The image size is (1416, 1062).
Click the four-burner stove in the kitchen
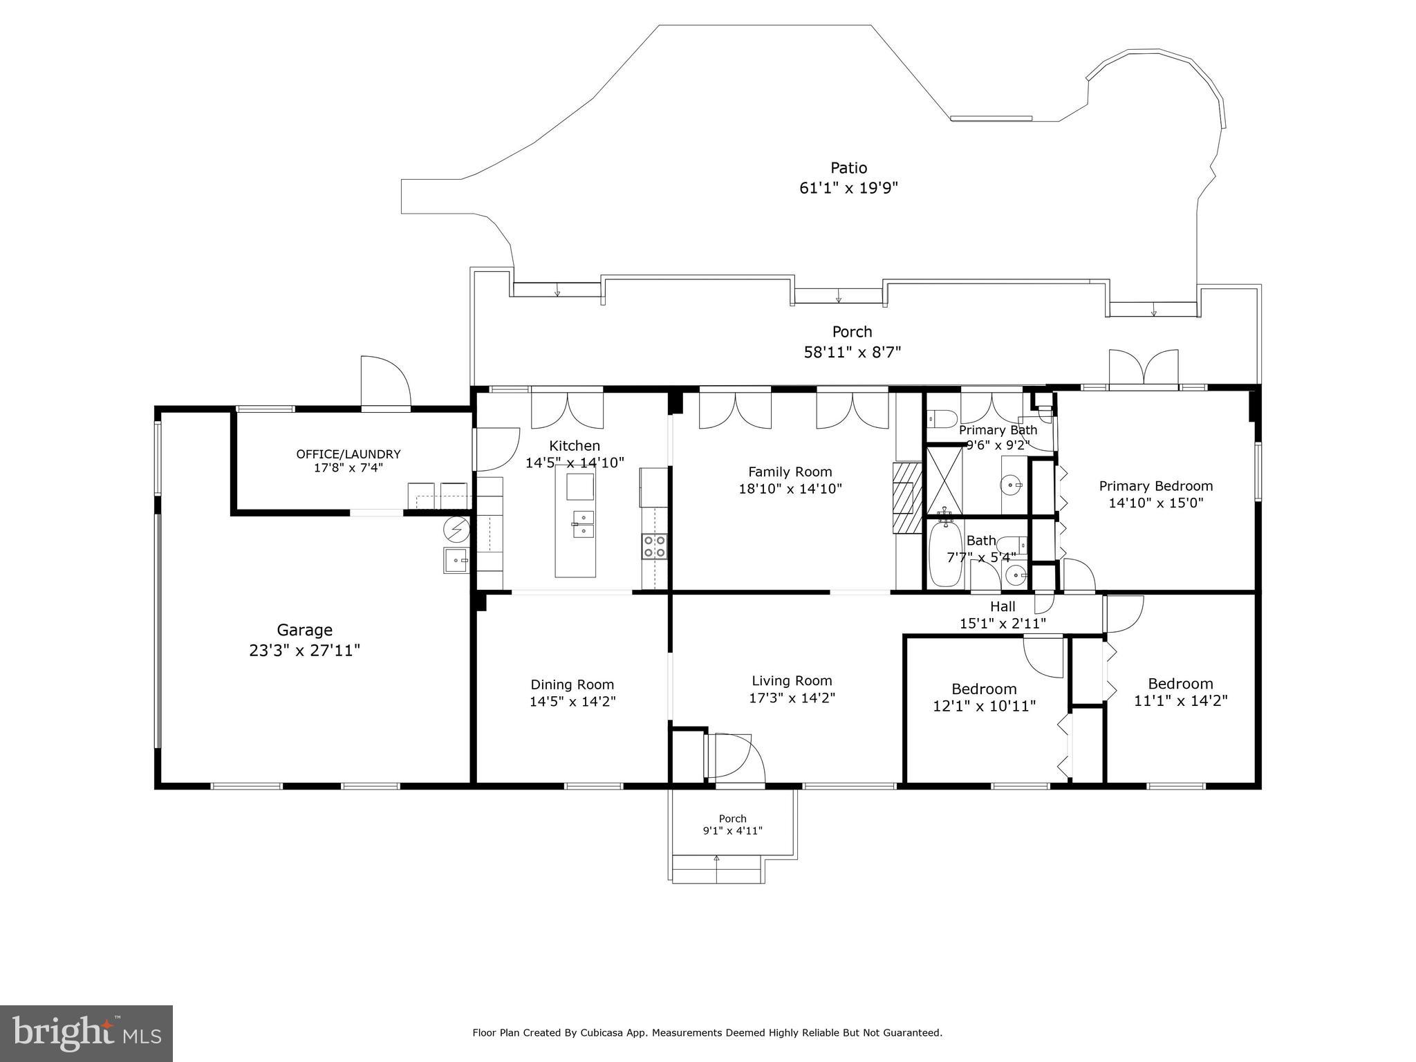click(x=655, y=546)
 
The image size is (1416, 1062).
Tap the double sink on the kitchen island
click(x=584, y=524)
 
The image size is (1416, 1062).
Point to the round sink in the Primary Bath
click(x=1013, y=485)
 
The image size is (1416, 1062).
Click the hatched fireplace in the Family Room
click(x=908, y=498)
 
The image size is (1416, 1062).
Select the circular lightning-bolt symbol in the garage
click(x=456, y=529)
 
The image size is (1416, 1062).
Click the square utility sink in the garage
click(x=456, y=560)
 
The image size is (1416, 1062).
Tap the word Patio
click(x=848, y=168)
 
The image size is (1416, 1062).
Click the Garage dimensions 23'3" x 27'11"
click(x=305, y=651)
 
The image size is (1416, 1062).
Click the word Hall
click(x=1003, y=606)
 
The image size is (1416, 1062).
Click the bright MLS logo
click(x=86, y=1032)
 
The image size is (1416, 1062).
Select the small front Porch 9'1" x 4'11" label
click(x=733, y=825)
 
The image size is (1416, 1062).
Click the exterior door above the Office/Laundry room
click(x=386, y=382)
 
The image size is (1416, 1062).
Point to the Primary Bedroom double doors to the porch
click(x=1144, y=367)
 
